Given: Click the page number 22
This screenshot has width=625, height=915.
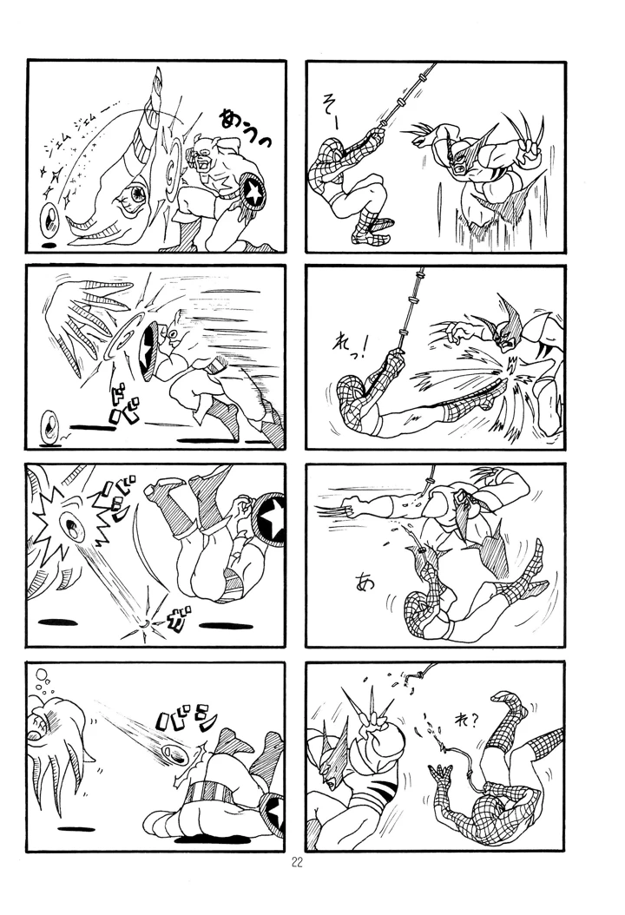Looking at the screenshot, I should (x=297, y=862).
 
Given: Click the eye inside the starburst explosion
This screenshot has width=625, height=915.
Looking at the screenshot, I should (x=67, y=525).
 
